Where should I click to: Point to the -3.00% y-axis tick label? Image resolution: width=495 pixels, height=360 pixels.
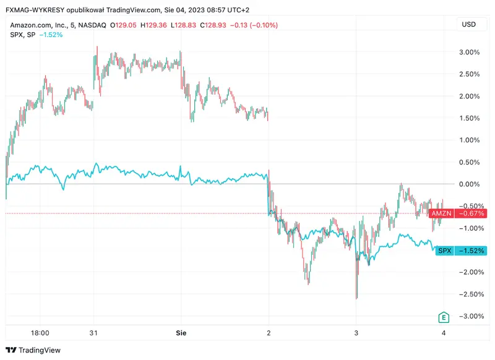tap(469, 316)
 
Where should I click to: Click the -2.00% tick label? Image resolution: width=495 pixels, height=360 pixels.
tap(469, 272)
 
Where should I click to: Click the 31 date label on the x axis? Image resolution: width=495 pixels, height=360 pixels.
tap(93, 332)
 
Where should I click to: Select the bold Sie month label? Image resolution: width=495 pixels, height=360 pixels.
tap(180, 332)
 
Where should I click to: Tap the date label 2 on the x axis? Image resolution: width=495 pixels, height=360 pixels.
tap(269, 332)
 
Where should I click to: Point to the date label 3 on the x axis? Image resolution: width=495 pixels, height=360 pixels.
tap(356, 332)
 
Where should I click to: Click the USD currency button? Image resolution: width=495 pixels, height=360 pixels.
tap(470, 25)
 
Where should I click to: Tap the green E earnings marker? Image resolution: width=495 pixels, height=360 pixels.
tap(443, 317)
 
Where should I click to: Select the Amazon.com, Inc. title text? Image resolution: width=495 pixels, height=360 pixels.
tap(38, 25)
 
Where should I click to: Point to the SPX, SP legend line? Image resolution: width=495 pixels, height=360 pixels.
tap(22, 35)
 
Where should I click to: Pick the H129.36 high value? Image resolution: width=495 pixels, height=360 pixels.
tap(155, 25)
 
